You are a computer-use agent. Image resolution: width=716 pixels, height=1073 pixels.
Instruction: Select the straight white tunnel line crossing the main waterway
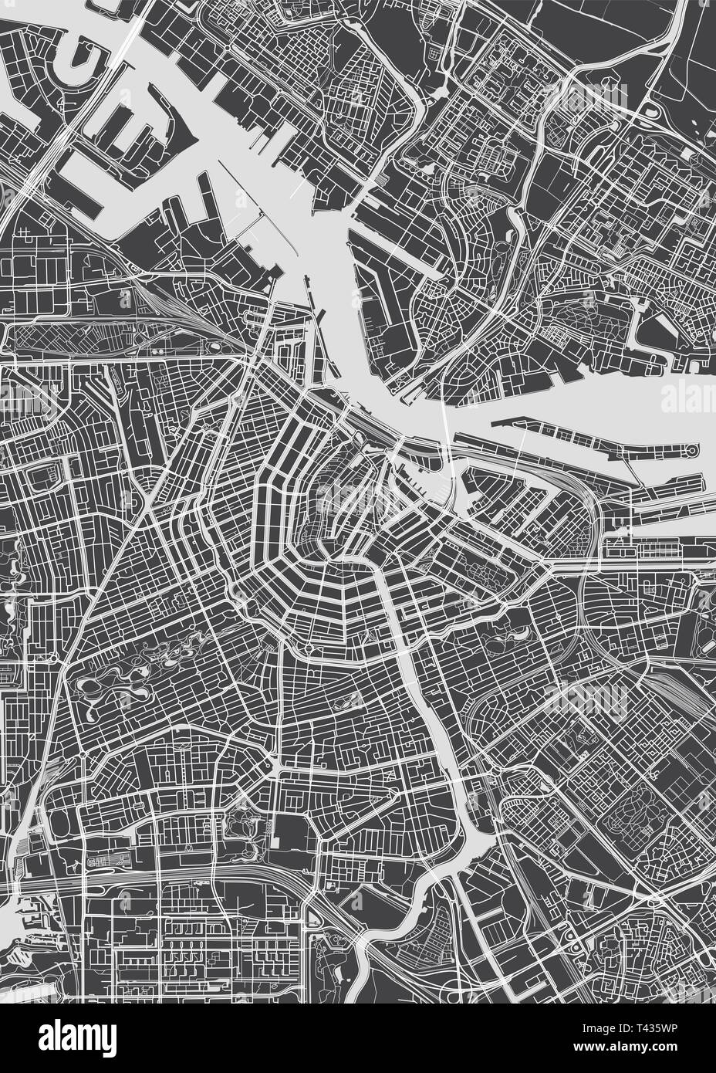446,432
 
